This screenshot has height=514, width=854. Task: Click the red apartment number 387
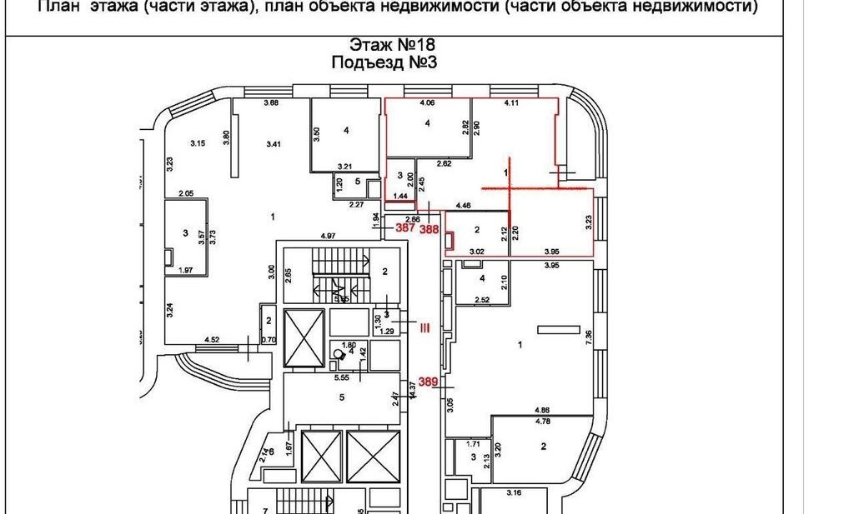coord(406,228)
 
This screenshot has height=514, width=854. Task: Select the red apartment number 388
coord(430,228)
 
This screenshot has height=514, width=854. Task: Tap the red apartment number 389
coord(429,382)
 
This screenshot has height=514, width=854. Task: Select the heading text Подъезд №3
coord(384,62)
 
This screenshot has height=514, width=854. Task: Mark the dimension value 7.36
coord(589,336)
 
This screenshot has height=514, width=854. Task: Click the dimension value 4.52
coord(213,339)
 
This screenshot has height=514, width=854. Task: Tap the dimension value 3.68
coord(270,103)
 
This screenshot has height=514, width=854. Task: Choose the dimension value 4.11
coord(511,103)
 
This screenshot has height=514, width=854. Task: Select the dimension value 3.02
coord(475,251)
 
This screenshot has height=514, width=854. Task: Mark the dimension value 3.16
coord(515,493)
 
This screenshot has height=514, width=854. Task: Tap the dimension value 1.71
coord(473,446)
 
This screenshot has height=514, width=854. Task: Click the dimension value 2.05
coord(184,193)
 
